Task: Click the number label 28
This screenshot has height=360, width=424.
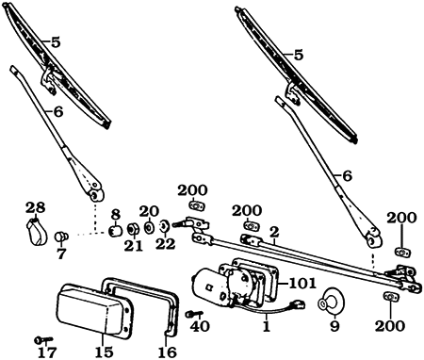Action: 35,207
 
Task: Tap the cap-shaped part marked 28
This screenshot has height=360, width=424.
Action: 36,230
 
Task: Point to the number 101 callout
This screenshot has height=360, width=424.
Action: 302,281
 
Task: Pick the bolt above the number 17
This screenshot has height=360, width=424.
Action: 39,338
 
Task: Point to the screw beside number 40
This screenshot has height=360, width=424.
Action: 191,313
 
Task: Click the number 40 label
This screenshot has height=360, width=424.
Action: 199,327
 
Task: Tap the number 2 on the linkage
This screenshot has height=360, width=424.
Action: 274,230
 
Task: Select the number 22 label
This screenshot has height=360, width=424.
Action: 166,243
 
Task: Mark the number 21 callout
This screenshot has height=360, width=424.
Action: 133,245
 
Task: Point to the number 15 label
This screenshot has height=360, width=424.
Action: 103,352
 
